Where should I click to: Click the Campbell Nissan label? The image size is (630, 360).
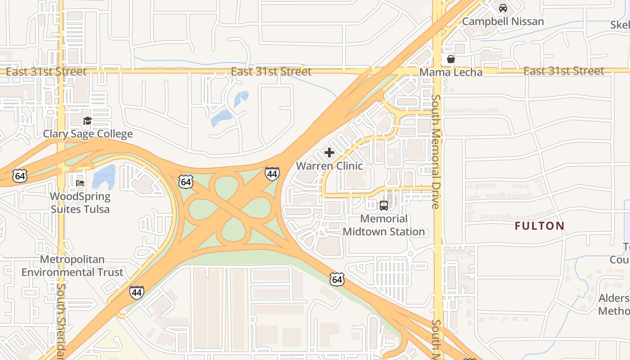[503, 21]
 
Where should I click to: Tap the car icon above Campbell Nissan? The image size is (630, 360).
[503, 8]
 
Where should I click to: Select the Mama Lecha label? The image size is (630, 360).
[450, 72]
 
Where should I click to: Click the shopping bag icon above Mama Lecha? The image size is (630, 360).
[450, 59]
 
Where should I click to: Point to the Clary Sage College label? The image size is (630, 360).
[88, 134]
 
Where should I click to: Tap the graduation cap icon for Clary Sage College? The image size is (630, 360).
[87, 121]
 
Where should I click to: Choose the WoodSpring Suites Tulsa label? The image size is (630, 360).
[80, 202]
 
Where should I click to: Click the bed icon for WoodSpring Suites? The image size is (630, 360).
[80, 183]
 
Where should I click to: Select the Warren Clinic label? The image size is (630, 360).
[329, 166]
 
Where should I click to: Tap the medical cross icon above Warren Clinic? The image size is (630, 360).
[329, 153]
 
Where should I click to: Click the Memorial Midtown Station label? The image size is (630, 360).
[384, 225]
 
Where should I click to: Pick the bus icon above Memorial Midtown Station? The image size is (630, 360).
[384, 206]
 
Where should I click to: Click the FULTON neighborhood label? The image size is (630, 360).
[539, 226]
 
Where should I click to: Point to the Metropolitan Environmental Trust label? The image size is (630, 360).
[72, 265]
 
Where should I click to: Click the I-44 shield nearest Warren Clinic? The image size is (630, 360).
[272, 174]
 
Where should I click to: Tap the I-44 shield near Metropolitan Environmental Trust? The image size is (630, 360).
[137, 292]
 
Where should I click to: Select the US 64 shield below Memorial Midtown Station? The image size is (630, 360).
[337, 279]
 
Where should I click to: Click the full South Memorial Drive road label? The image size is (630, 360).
[436, 151]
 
